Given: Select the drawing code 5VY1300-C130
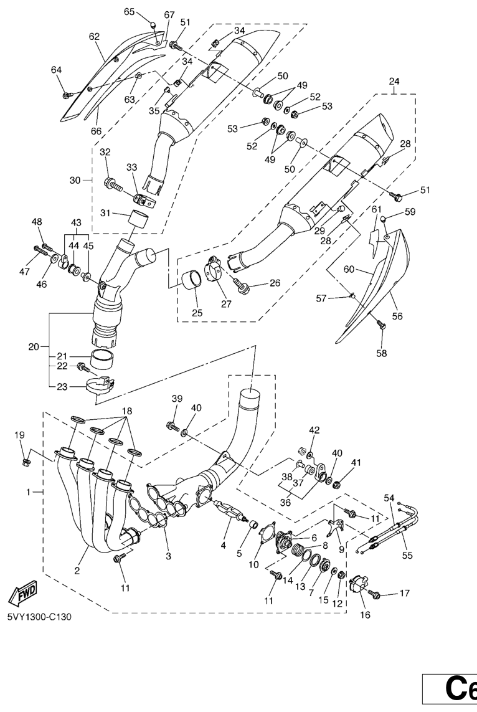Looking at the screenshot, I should [40, 618].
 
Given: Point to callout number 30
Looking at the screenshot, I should [75, 179].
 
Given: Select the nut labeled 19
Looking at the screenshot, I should [25, 462].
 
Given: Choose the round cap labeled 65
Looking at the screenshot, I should [152, 24].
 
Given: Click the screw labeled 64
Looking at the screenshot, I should [67, 95].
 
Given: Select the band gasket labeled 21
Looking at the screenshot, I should [103, 359].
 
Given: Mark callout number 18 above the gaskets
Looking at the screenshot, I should [126, 412].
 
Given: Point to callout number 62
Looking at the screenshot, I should [94, 37].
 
